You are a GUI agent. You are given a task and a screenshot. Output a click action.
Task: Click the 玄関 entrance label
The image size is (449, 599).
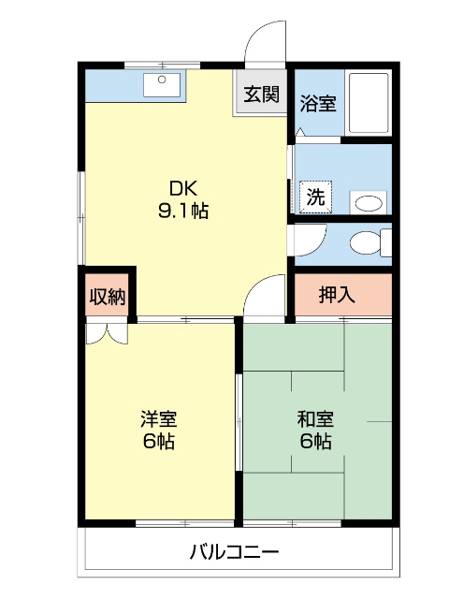pyautogui.click(x=261, y=94)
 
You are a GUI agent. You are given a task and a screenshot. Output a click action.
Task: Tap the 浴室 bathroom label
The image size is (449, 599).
pyautogui.click(x=318, y=103)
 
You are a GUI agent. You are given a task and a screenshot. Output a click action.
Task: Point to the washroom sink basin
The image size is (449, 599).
pyautogui.click(x=368, y=202)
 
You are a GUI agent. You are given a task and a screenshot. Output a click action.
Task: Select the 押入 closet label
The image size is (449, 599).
pyautogui.click(x=337, y=295)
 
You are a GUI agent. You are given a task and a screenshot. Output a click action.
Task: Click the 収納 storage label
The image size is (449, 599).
pyautogui.click(x=107, y=297)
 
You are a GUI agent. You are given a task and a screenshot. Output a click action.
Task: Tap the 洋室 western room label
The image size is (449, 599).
pyautogui.click(x=159, y=418)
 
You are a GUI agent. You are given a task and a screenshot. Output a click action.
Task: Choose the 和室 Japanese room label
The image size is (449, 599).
pyautogui.click(x=315, y=418)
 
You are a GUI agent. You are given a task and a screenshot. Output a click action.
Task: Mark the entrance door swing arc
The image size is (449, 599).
pyautogui.click(x=264, y=42)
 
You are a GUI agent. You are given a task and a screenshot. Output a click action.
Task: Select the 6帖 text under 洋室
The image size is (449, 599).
pyautogui.click(x=159, y=442)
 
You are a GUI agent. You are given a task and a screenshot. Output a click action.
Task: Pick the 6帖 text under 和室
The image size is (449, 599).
pyautogui.click(x=315, y=442)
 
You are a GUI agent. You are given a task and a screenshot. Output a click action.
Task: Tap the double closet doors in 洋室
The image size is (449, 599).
pyautogui.click(x=104, y=332)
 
